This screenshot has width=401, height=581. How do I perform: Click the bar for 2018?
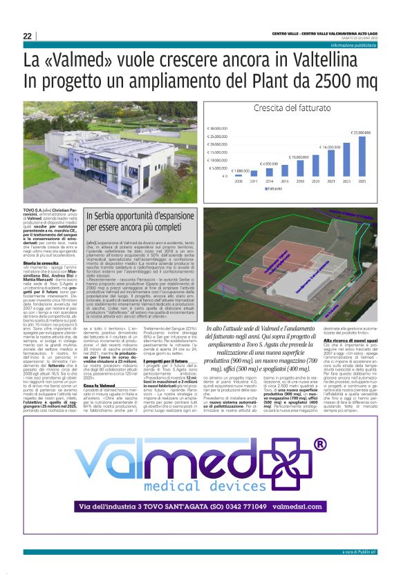tap(299, 168)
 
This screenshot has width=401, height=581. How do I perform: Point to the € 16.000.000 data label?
tap(330, 147)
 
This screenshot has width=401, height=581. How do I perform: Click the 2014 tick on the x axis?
tap(269, 182)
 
